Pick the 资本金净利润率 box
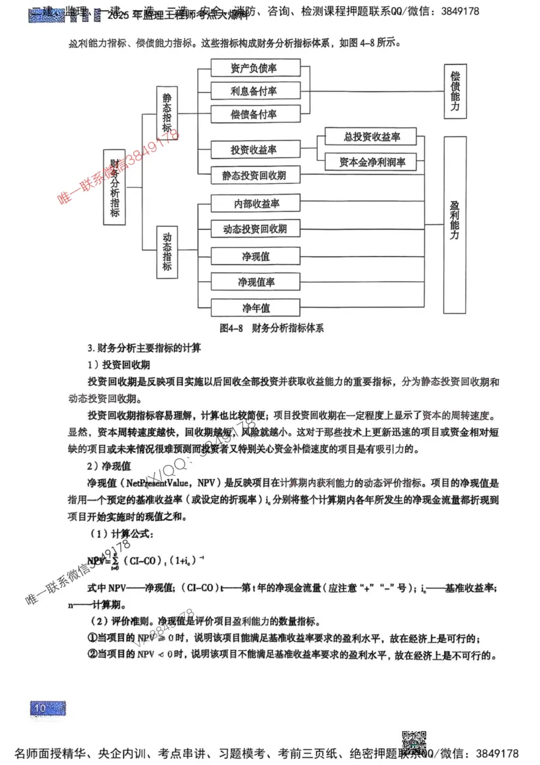pyautogui.click(x=370, y=162)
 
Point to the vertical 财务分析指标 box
pyautogui.click(x=115, y=187)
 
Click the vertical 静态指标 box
pyautogui.click(x=167, y=114)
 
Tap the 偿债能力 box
pyautogui.click(x=455, y=93)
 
